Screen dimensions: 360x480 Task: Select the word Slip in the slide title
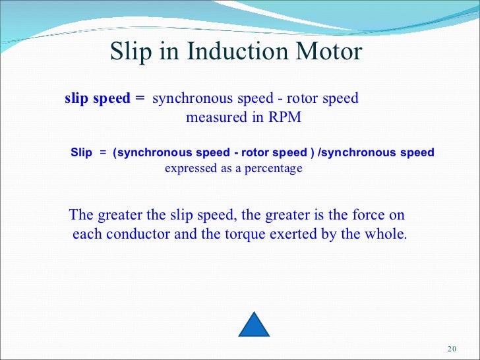pyautogui.click(x=131, y=52)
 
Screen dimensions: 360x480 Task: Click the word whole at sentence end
pyautogui.click(x=386, y=234)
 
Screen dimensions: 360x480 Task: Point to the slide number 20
pyautogui.click(x=452, y=349)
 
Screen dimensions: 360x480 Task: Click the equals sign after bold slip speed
pyautogui.click(x=139, y=99)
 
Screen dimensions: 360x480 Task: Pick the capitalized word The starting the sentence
pyautogui.click(x=82, y=216)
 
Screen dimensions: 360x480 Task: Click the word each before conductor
pyautogui.click(x=86, y=234)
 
